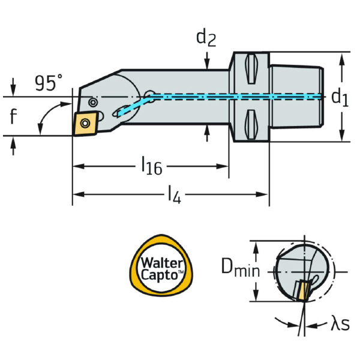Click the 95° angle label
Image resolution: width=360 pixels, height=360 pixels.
click(49, 83)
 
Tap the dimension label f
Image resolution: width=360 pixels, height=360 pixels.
click(13, 116)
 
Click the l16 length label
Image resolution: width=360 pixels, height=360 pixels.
click(152, 166)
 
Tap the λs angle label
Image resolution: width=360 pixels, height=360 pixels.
click(340, 325)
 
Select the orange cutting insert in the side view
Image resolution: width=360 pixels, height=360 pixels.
click(86, 123)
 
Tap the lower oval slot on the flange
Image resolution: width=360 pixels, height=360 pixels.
click(251, 122)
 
